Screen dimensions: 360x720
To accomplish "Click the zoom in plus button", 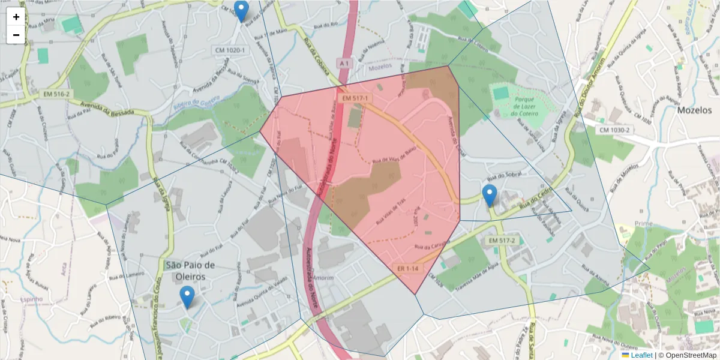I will [x=16, y=17].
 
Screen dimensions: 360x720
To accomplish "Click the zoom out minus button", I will [x=16, y=35].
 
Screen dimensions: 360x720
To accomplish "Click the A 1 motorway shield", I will [x=343, y=62].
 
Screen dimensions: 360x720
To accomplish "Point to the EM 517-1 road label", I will [x=355, y=98].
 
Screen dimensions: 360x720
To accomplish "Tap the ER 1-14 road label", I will [x=407, y=268].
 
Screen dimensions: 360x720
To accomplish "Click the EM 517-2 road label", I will [x=502, y=241].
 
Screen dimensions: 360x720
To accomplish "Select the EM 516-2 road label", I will [x=56, y=94].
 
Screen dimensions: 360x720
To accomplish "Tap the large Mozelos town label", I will [x=694, y=110].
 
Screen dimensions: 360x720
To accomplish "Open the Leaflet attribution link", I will [x=641, y=355].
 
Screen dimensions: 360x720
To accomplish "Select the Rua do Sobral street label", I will [x=503, y=176].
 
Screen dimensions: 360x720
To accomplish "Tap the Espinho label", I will [x=31, y=298].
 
